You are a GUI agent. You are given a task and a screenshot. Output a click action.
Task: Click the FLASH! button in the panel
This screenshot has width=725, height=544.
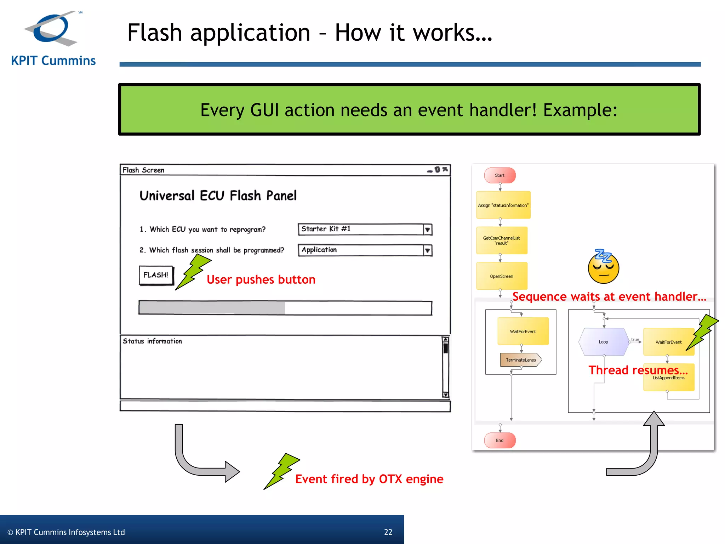tap(156, 275)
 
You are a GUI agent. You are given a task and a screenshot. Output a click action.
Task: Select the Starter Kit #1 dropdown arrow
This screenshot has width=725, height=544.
tap(427, 230)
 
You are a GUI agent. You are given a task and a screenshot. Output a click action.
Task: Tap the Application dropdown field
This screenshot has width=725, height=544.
tap(361, 250)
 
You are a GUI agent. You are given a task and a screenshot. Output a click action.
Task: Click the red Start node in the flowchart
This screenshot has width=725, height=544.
tap(499, 175)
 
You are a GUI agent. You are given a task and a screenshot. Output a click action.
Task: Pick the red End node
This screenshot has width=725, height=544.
tap(499, 440)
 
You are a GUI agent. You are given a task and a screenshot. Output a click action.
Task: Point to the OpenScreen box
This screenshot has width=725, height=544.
tap(502, 276)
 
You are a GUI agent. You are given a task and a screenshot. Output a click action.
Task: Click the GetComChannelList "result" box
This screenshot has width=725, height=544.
tap(502, 240)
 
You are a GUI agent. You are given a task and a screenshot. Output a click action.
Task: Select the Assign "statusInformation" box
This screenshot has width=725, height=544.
tap(503, 205)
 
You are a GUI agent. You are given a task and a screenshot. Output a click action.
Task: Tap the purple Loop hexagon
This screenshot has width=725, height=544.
tap(604, 342)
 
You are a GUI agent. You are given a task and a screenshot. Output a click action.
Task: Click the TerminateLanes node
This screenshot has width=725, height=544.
tap(521, 360)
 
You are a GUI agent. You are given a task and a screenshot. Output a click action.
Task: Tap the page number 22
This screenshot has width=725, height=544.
tap(388, 532)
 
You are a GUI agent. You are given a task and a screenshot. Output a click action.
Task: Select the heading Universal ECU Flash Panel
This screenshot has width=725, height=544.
tap(218, 195)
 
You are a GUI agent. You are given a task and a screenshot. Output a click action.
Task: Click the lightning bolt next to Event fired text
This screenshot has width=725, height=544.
tap(282, 471)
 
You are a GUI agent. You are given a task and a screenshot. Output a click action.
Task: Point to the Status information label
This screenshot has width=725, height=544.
tap(152, 341)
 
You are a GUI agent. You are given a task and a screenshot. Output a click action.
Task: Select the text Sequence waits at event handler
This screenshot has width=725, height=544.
tap(609, 296)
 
